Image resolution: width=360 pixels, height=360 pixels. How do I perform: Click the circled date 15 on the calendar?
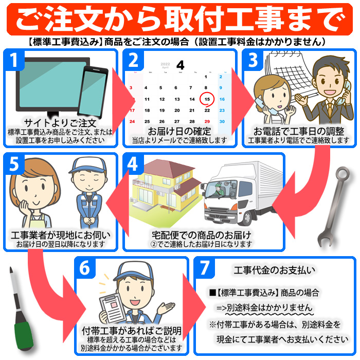pyautogui.click(x=207, y=99)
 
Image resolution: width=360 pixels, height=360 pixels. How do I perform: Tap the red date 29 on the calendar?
pyautogui.click(x=207, y=121)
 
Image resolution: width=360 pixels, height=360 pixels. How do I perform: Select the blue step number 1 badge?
pyautogui.click(x=14, y=60)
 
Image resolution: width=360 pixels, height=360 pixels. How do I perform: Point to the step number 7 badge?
pyautogui.click(x=204, y=268)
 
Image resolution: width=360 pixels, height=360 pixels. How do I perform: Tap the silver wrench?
pyautogui.click(x=334, y=207)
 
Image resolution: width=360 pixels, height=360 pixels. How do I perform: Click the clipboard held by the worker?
pyautogui.click(x=113, y=308)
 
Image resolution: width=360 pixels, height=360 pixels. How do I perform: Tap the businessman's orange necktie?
pyautogui.click(x=330, y=111)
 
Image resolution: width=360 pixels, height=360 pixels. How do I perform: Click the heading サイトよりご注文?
pyautogui.click(x=60, y=123)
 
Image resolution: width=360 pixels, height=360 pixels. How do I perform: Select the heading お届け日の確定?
pyautogui.click(x=179, y=131)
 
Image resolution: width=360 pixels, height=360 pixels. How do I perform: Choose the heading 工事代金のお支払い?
pyautogui.click(x=274, y=270)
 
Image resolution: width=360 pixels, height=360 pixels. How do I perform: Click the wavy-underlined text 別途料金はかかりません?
pyautogui.click(x=270, y=308)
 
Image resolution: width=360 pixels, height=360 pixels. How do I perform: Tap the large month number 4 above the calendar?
pyautogui.click(x=180, y=65)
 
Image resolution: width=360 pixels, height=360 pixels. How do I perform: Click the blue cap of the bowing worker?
pyautogui.click(x=87, y=165)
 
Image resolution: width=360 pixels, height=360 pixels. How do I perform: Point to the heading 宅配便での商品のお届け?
pyautogui.click(x=202, y=235)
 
